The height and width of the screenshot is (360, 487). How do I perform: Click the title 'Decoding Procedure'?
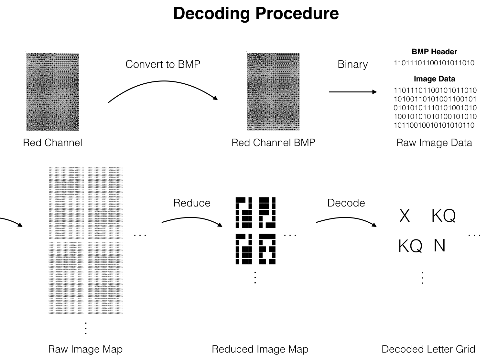pos(256,14)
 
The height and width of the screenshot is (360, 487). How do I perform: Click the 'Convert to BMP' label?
pos(163,64)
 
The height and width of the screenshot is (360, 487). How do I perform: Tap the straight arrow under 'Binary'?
pos(352,92)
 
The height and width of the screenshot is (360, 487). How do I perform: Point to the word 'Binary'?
pos(352,64)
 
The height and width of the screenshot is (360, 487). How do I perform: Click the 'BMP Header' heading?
pos(434,52)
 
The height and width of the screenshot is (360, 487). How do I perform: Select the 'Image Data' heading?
pos(434,79)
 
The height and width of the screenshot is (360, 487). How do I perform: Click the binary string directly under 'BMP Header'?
pos(434,63)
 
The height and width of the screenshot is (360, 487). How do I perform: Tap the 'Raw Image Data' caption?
pos(434,143)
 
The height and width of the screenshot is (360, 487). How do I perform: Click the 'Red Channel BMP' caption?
pos(273,143)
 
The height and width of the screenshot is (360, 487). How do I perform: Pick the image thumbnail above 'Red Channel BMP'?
pos(273,92)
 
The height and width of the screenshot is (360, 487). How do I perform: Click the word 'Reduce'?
pos(192,203)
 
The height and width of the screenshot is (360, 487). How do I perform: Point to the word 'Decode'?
pos(346,203)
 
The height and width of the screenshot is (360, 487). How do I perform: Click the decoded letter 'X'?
pos(405,216)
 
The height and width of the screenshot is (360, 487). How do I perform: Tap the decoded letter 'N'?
pos(439,246)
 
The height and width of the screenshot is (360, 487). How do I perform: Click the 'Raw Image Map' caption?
pos(85,349)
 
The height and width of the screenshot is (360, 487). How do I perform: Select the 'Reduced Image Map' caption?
pos(260,349)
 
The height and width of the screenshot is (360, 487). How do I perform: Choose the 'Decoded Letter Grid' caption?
pos(428,349)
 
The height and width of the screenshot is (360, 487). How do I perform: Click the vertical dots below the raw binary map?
pos(86,328)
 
